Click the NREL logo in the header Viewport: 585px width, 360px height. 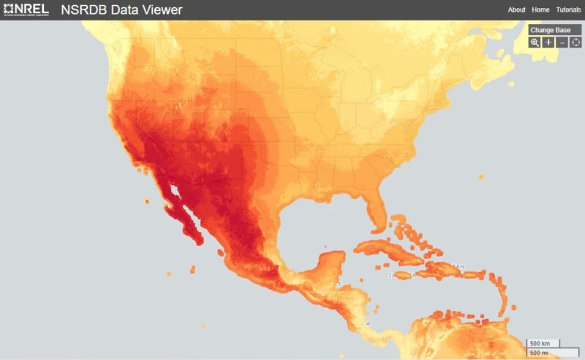(26, 10)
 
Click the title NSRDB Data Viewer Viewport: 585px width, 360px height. (122, 10)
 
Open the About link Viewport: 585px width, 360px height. (516, 10)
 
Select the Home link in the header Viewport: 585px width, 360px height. (540, 10)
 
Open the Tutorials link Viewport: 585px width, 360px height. (568, 10)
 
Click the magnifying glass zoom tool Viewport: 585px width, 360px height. (535, 42)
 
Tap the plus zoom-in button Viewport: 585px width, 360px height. (548, 42)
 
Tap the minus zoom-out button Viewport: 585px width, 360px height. (562, 42)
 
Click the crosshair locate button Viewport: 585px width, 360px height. (575, 42)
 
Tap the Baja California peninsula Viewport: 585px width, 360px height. (179, 216)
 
